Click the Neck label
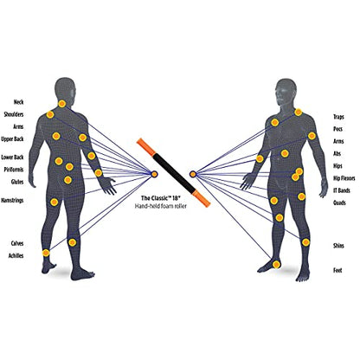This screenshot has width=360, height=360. click(x=18, y=102)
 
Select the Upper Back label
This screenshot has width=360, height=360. click(x=12, y=139)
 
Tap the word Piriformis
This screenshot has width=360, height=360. click(x=14, y=170)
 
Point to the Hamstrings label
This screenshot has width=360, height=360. click(x=12, y=201)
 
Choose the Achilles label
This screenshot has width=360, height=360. click(x=16, y=256)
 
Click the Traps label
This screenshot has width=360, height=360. click(x=338, y=117)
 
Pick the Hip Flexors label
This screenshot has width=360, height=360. click(x=344, y=178)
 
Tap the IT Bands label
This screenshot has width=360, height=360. click(x=342, y=190)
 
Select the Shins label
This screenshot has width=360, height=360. click(x=338, y=246)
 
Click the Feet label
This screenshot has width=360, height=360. click(x=337, y=271)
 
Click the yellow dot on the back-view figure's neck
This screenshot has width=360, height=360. click(x=61, y=104)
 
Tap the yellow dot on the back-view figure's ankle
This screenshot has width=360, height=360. click(x=46, y=253)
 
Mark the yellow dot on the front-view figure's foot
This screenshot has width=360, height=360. click(x=277, y=264)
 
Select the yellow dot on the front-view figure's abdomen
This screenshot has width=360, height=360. click(x=285, y=153)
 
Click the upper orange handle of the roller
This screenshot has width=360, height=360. click(x=146, y=147)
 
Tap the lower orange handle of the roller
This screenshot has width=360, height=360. click(x=201, y=198)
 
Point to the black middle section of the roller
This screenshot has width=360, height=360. click(x=174, y=172)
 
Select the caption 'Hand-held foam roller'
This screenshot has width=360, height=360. click(x=161, y=206)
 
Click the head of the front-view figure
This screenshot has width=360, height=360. click(x=285, y=93)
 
